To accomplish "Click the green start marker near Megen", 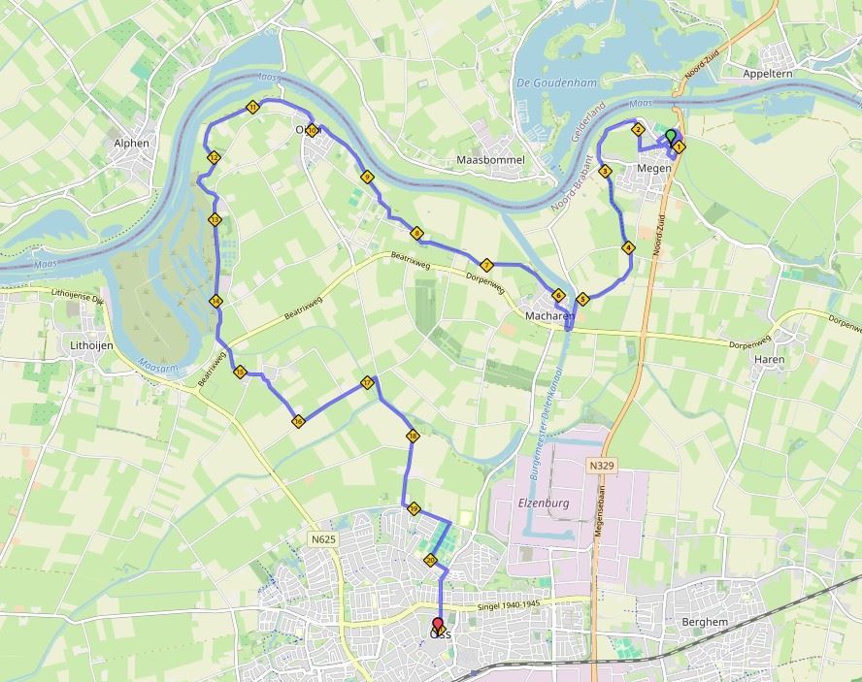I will (670, 136).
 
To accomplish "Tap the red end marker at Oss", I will (438, 626).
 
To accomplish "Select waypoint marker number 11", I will (252, 107).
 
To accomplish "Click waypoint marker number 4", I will (628, 247).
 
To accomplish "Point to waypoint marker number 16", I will (297, 421).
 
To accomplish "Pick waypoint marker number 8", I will (416, 233).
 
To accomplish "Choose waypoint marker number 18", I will (413, 437).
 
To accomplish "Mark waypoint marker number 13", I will (215, 220).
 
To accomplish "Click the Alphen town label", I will (132, 143).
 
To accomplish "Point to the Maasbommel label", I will (490, 159).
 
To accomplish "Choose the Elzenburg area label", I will (542, 503).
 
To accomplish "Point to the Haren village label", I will (770, 358).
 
